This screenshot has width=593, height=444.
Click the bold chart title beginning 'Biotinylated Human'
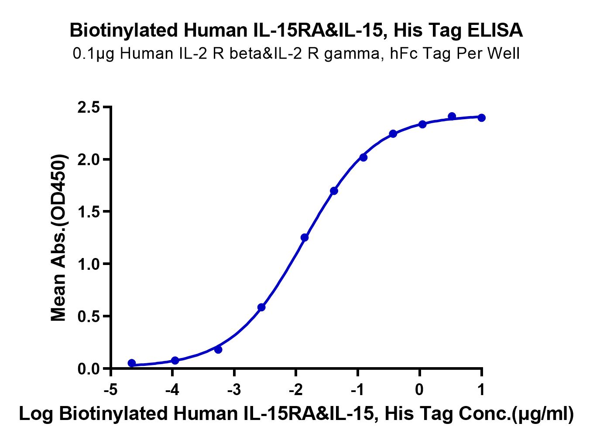point(296,30)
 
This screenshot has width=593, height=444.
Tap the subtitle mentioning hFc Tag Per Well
point(296,54)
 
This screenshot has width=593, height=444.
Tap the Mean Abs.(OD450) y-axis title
point(59,238)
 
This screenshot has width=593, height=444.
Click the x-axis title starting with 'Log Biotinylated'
point(296,414)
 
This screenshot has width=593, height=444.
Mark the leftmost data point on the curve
point(132,363)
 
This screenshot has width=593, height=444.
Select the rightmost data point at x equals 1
point(481,117)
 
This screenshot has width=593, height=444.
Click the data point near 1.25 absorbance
point(305,237)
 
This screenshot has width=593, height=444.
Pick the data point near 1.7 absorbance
point(334,191)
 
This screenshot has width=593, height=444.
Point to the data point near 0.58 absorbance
point(261,307)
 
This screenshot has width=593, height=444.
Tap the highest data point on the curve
point(452,116)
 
